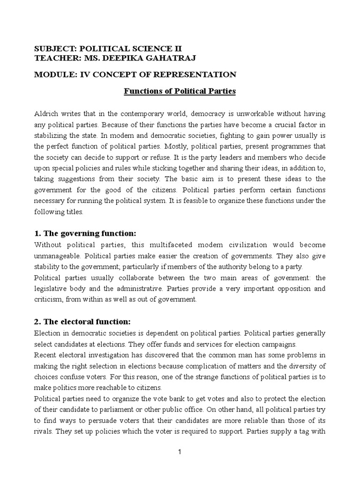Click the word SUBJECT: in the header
pyautogui.click(x=54, y=49)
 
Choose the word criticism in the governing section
pyautogui.click(x=49, y=300)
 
